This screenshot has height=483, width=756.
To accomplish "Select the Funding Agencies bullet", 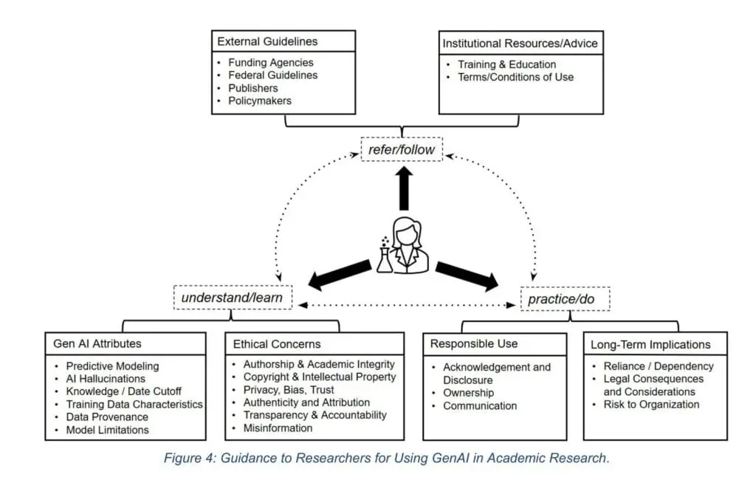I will tap(270, 63).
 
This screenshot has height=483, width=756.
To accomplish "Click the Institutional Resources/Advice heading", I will tap(520, 43).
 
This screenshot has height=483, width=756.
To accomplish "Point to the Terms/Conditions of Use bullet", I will tap(515, 77).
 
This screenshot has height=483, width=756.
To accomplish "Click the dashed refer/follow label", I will tap(402, 151).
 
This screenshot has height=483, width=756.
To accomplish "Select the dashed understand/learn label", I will tap(233, 298).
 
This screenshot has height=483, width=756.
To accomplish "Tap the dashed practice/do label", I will tap(562, 300).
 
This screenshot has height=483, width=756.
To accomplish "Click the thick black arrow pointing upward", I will tap(403, 189).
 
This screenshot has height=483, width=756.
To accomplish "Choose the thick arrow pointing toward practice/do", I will tap(467, 275).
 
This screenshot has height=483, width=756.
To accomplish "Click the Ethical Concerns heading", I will tap(277, 343).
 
